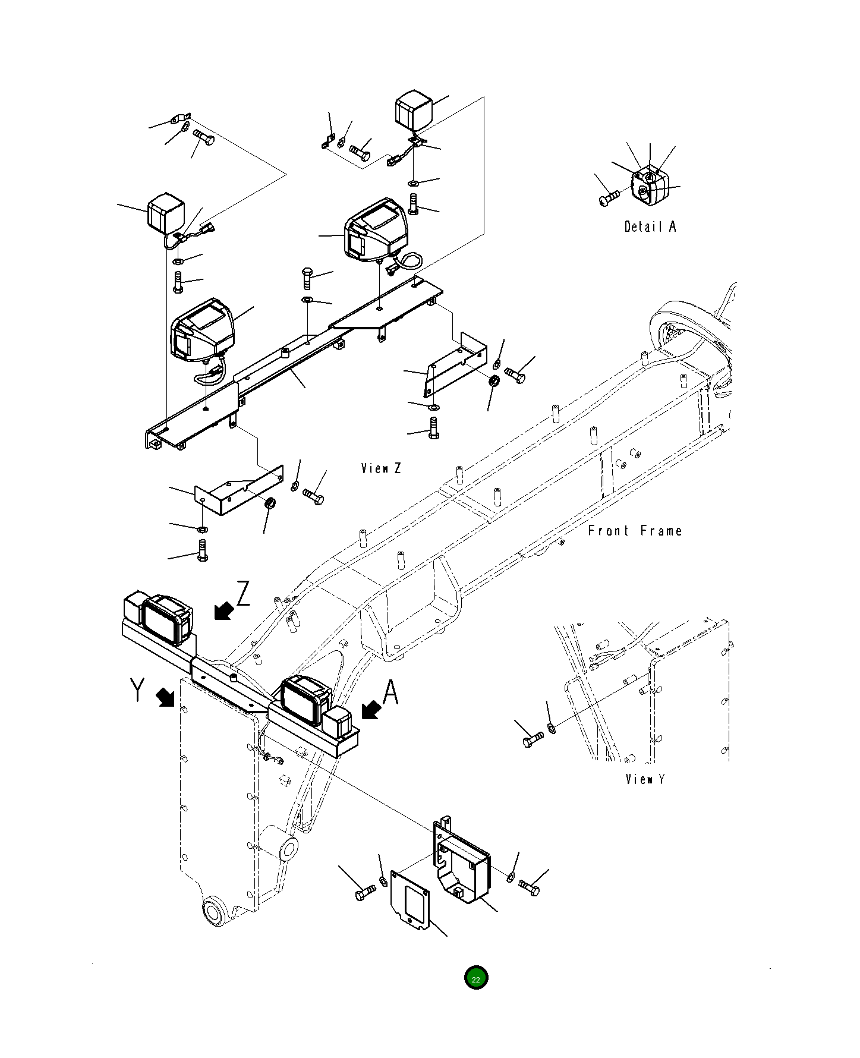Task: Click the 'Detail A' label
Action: click(650, 226)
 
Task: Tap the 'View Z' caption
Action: click(381, 468)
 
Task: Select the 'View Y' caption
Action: click(645, 779)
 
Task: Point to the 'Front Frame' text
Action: click(635, 531)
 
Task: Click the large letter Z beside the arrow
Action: click(243, 594)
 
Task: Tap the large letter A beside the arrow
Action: click(390, 692)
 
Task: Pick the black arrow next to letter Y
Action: click(166, 698)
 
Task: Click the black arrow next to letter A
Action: click(371, 709)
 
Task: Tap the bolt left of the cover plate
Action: click(365, 893)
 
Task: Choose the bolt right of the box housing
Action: click(529, 887)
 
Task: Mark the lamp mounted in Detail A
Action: click(650, 185)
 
